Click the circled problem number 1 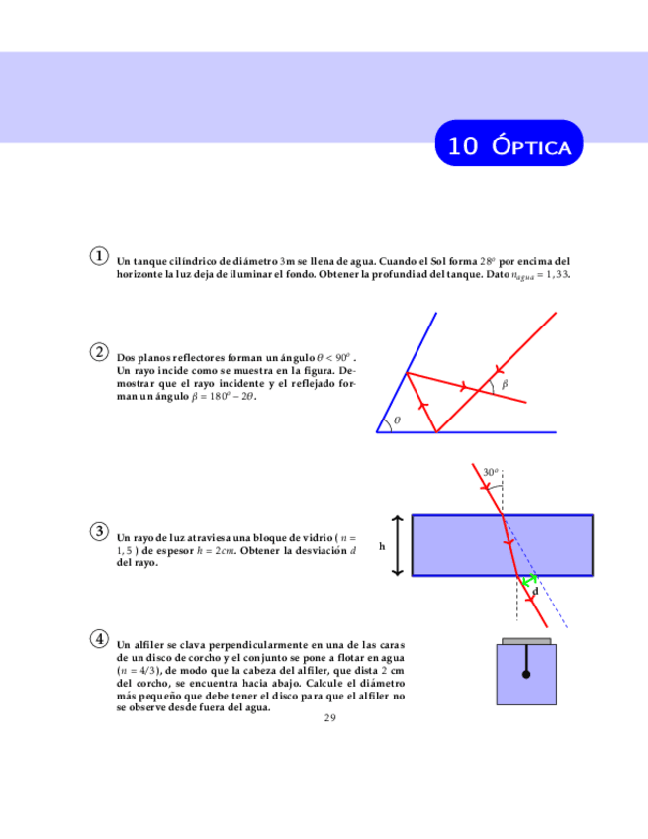100,255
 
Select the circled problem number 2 100,351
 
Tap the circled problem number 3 100,531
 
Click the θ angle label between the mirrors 398,420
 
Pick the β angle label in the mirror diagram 504,383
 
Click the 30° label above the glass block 491,473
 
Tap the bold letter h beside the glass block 381,545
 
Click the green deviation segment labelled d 531,580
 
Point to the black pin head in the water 526,676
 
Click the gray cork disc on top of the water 526,642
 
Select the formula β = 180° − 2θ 223,396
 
